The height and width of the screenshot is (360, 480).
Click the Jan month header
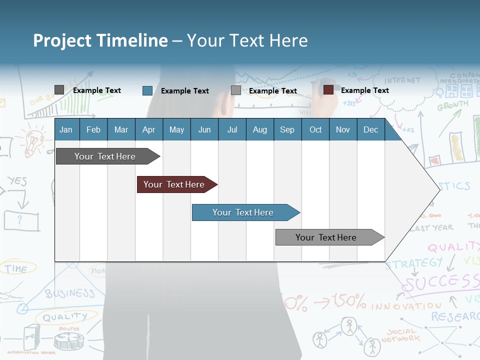coord(66,129)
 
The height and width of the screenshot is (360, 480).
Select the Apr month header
coord(148,129)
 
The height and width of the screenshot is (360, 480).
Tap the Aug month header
coord(259,129)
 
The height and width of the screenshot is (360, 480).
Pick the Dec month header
coord(370,129)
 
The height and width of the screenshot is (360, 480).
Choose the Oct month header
coord(315,129)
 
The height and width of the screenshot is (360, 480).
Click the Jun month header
coord(204,129)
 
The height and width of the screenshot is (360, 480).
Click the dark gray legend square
coord(59,90)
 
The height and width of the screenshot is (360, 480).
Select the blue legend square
coord(147,90)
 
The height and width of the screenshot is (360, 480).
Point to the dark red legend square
coord(328,90)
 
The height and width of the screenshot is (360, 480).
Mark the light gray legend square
coord(235,90)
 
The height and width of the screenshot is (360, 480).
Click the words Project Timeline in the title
coord(100,40)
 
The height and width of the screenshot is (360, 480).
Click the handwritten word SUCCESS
coord(440,282)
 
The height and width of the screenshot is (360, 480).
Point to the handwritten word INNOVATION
coord(406,305)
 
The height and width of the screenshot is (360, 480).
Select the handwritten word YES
coord(17,181)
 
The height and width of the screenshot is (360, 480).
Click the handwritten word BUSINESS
coord(70,293)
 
